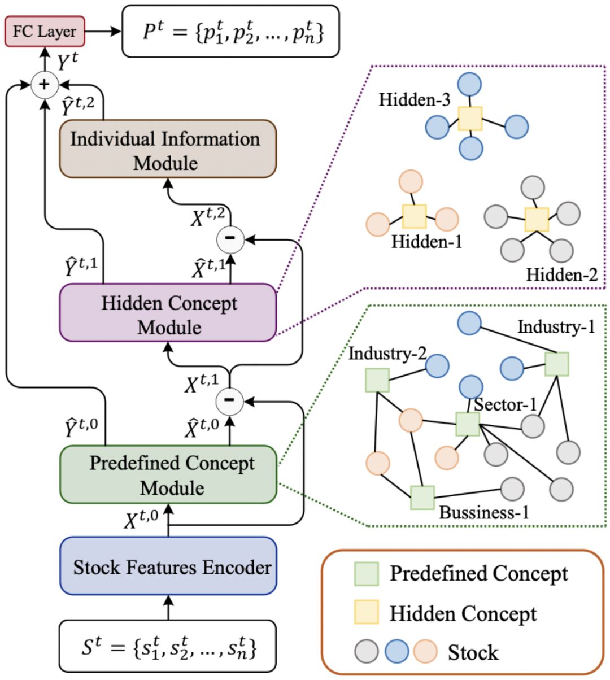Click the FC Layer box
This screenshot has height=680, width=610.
(x=44, y=31)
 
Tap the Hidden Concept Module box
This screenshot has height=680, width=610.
(x=168, y=313)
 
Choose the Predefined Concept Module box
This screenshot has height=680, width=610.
(x=168, y=474)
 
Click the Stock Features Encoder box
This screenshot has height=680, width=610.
(x=168, y=566)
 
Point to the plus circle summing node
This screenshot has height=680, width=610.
(x=44, y=85)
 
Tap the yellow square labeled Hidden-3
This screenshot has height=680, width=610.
(x=470, y=119)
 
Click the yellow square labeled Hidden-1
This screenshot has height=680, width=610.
(x=414, y=217)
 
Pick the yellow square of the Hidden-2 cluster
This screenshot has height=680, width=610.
(x=537, y=220)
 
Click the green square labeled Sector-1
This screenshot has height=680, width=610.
(x=468, y=424)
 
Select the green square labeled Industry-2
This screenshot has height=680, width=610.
(x=377, y=380)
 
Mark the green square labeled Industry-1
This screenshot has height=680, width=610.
(x=557, y=364)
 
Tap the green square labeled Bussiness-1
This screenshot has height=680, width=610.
(x=422, y=498)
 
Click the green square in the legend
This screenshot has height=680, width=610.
(x=366, y=574)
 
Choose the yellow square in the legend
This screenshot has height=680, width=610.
(x=366, y=613)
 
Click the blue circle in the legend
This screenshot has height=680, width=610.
(x=396, y=652)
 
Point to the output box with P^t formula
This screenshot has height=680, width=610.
(x=231, y=32)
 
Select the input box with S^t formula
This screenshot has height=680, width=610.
(x=168, y=647)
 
